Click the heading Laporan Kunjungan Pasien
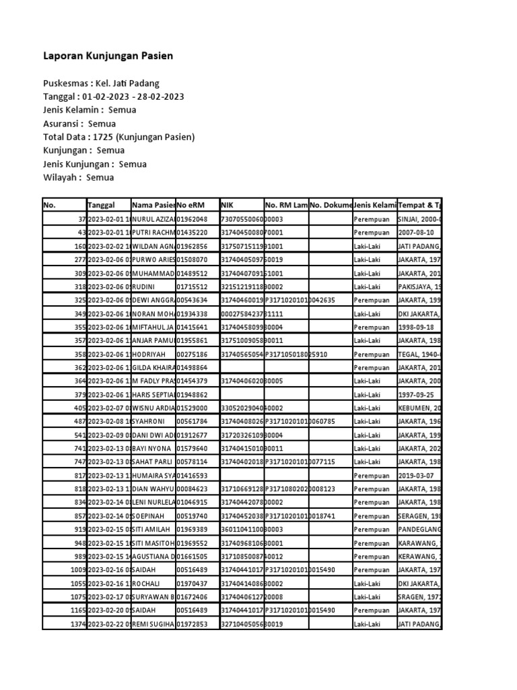tap(108, 56)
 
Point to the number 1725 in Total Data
tap(104, 137)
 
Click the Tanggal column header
tap(102, 205)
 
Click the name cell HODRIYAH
tap(151, 354)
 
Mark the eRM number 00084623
tap(192, 489)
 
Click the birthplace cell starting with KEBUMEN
tap(419, 408)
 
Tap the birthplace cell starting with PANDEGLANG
tap(419, 529)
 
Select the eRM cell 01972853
tap(192, 624)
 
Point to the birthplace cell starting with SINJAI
tap(419, 219)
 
